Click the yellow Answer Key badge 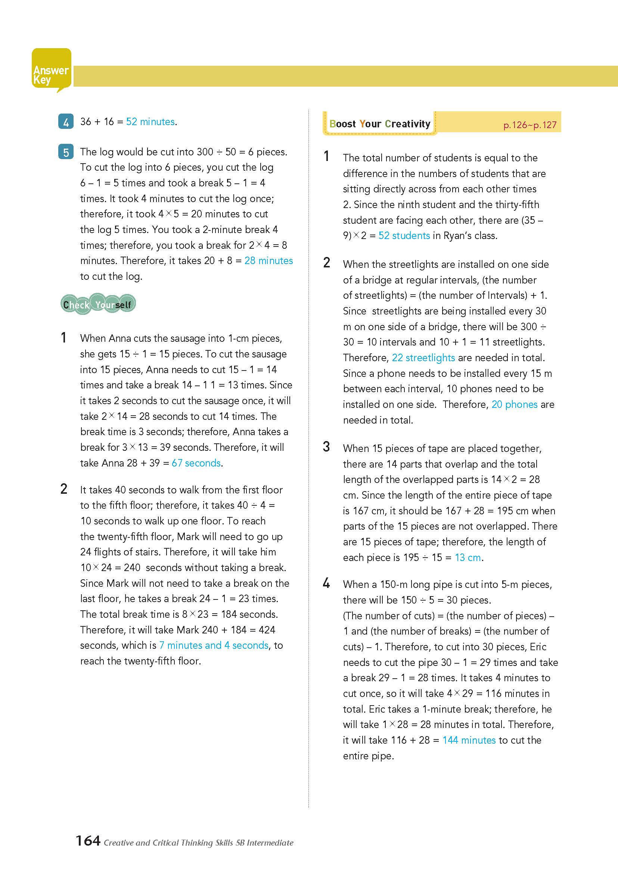51,71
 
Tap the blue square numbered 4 66,122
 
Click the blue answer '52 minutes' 150,122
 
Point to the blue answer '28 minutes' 268,261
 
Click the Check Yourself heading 98,304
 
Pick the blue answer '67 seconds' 196,463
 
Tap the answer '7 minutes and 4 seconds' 214,645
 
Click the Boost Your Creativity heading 380,124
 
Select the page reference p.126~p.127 530,125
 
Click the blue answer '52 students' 404,236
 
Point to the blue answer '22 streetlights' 423,358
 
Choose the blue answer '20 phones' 514,404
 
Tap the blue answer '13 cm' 468,558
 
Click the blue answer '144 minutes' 469,740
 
